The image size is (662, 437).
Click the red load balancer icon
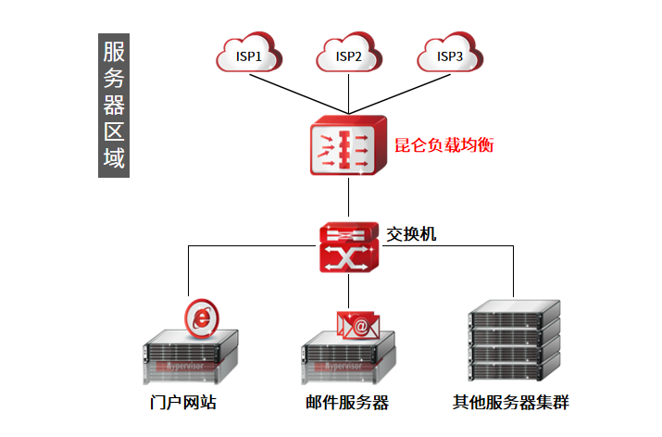[348, 146]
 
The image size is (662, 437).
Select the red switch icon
[348, 248]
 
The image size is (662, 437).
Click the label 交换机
[411, 234]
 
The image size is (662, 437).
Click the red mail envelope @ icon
[359, 325]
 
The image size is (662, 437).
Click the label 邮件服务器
[346, 404]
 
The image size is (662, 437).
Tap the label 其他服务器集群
[511, 404]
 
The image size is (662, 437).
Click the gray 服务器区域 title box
[113, 106]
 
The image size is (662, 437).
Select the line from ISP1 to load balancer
[296, 90]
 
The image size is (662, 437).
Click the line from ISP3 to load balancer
[400, 90]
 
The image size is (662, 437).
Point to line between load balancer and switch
[348, 199]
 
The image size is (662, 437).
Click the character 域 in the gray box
[113, 158]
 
